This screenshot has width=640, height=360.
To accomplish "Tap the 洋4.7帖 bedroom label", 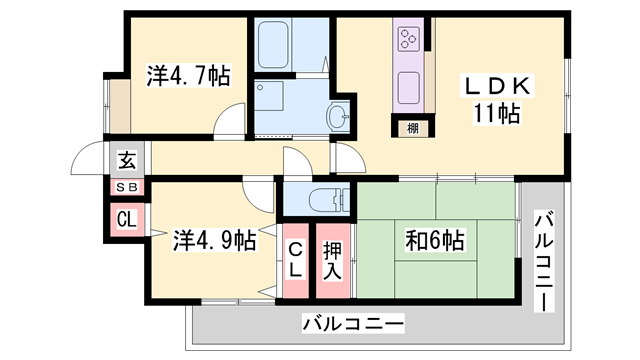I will click(188, 74).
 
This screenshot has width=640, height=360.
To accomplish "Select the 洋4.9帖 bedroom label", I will click(214, 240).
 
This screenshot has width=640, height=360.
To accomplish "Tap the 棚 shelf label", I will click(412, 127).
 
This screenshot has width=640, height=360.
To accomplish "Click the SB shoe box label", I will click(127, 187).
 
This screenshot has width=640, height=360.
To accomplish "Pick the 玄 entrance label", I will click(127, 160).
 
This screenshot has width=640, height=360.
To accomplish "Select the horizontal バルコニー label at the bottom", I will click(352, 324).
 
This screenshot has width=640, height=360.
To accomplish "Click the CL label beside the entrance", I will click(127, 219).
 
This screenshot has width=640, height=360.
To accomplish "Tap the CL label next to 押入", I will click(297, 259).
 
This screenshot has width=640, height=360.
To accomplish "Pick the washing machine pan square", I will click(271, 98).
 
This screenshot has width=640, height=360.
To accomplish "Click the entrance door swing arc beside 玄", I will click(92, 160).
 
